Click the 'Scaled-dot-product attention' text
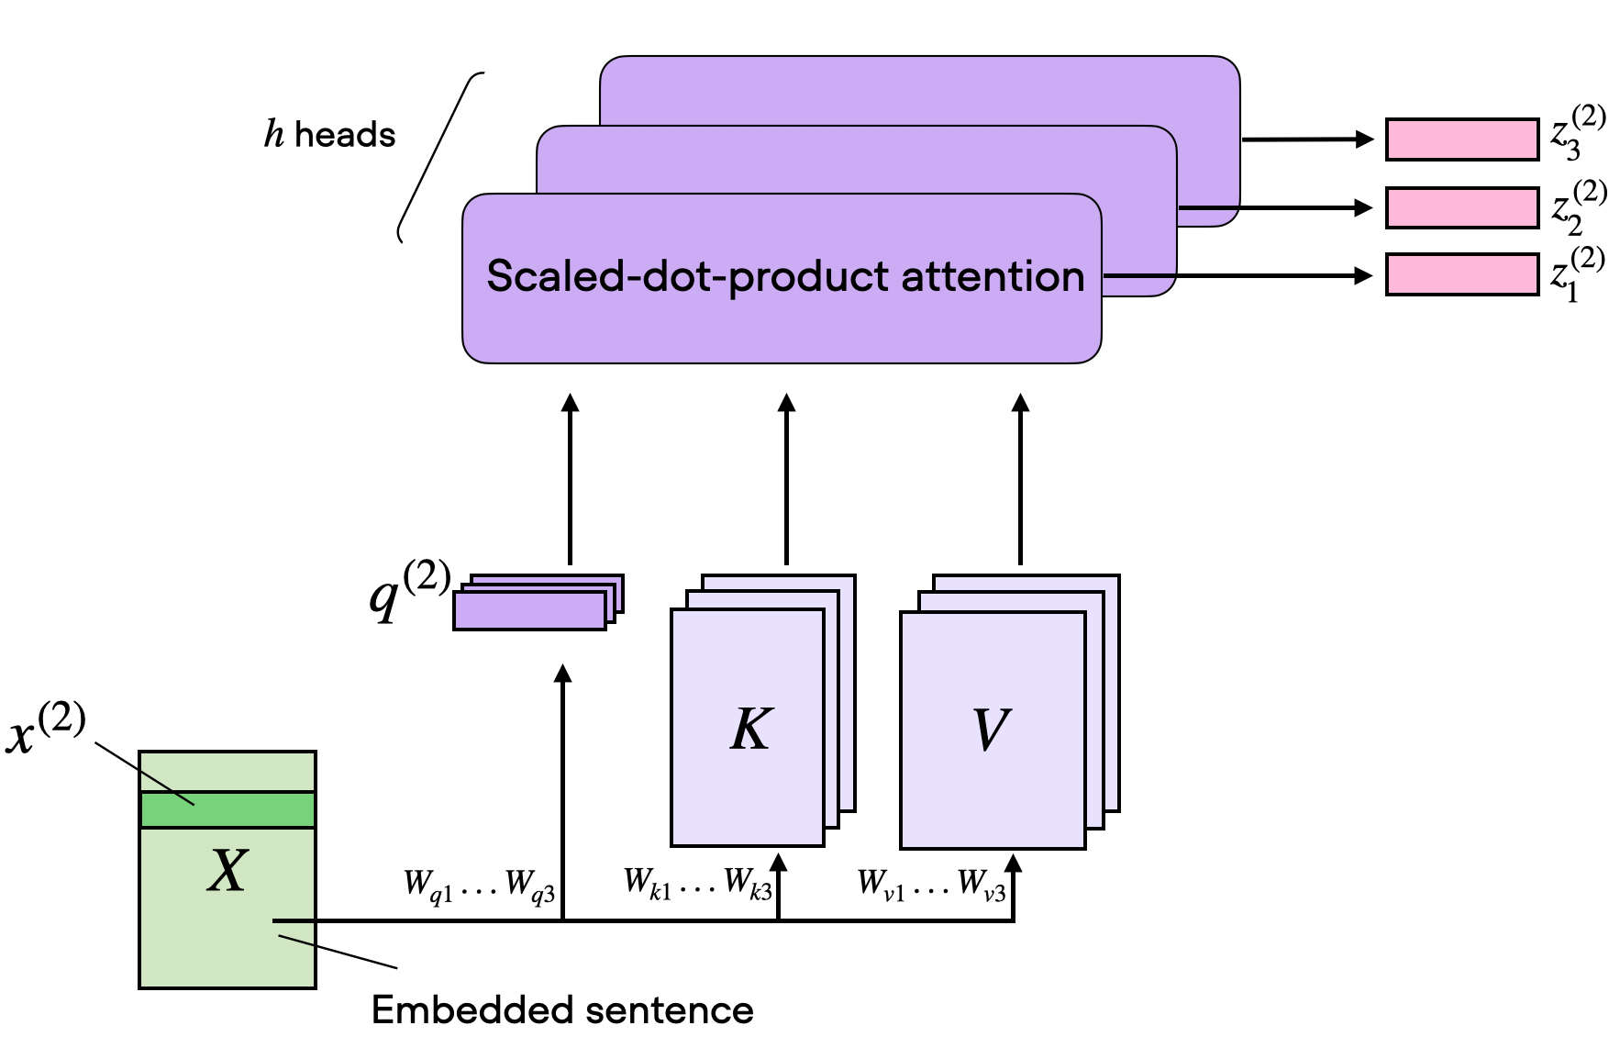(784, 276)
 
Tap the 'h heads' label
(330, 135)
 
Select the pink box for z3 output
(1461, 139)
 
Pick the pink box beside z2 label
(1461, 208)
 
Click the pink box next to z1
(1461, 275)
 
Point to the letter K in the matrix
(751, 730)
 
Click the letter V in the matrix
(990, 730)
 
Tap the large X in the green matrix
(227, 870)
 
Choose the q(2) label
(408, 590)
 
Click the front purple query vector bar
(529, 611)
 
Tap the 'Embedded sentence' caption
(562, 1010)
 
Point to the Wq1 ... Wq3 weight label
(479, 886)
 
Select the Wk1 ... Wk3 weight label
(697, 883)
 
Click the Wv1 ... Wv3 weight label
(931, 885)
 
